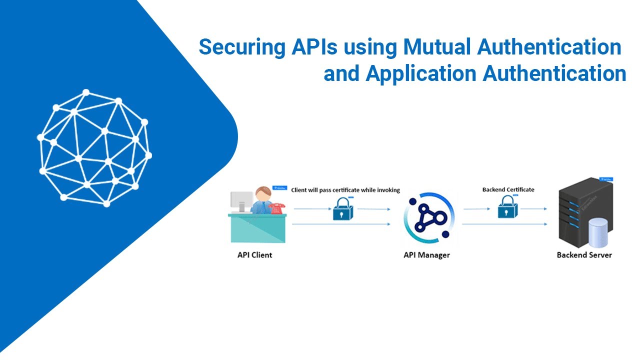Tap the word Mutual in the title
(436, 47)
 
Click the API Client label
(254, 255)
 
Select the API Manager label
(426, 255)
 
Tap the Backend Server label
(584, 255)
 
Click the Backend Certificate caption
(508, 190)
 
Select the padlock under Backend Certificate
(506, 208)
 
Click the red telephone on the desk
(276, 207)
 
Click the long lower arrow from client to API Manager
(340, 224)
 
